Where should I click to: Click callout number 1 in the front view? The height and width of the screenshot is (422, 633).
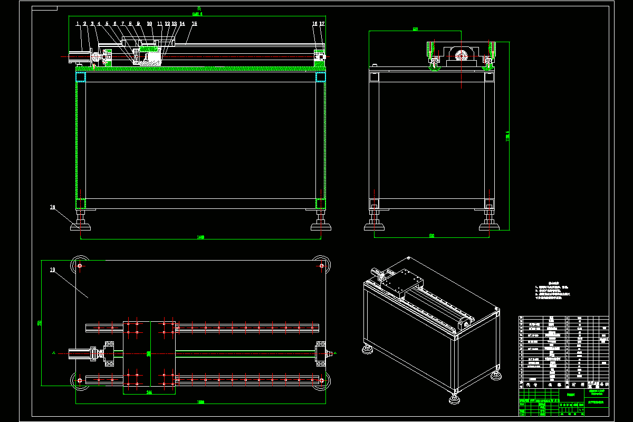point(77,24)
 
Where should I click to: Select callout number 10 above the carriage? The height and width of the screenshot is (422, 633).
point(149,24)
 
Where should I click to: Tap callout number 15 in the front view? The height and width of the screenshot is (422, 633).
point(194,24)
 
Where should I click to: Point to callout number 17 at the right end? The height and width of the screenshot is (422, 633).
point(322,24)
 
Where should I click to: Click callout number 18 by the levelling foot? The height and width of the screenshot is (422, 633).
point(53,207)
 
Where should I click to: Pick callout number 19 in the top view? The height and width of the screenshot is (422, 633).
point(53,270)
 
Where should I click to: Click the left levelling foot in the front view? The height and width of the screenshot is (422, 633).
point(81,226)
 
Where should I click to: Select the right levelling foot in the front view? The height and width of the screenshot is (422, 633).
point(321,226)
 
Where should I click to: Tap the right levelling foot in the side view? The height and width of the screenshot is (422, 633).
point(490,226)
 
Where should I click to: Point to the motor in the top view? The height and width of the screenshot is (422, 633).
point(79,353)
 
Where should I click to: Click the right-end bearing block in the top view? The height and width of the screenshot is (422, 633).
point(320,353)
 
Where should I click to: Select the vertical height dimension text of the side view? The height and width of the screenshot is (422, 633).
point(507,136)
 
